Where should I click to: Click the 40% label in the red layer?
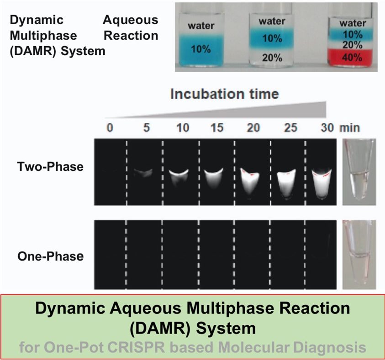(352, 58)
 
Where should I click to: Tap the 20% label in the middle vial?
(272, 58)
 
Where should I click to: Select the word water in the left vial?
(201, 26)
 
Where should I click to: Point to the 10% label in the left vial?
(201, 49)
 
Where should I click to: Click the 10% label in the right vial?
(353, 34)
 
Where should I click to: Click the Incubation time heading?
(225, 94)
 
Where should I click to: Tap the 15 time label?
(217, 128)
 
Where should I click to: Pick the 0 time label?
(110, 128)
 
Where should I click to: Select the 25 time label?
(290, 128)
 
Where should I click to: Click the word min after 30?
(350, 128)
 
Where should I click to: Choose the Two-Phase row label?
(50, 167)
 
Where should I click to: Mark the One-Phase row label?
(51, 256)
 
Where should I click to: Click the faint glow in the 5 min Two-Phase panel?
(143, 173)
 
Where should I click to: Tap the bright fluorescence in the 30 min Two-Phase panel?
(322, 184)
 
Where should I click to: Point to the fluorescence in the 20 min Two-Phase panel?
(250, 182)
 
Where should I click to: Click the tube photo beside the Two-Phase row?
(359, 172)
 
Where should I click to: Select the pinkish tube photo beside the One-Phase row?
(359, 254)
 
